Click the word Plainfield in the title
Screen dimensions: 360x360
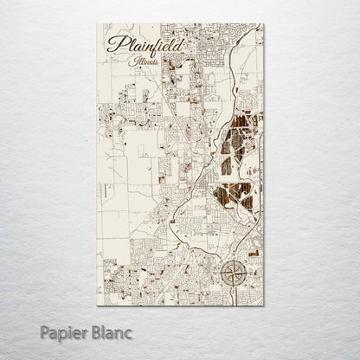[138, 46]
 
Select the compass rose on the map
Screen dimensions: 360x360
[232, 273]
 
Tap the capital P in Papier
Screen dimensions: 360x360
[43, 331]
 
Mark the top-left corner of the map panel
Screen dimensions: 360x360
[97, 23]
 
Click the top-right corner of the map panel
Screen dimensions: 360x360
[264, 23]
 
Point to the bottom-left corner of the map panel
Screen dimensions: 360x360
[97, 305]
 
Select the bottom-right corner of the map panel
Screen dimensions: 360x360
[264, 305]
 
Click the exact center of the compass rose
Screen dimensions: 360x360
[232, 273]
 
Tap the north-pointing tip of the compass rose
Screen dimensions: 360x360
[232, 259]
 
